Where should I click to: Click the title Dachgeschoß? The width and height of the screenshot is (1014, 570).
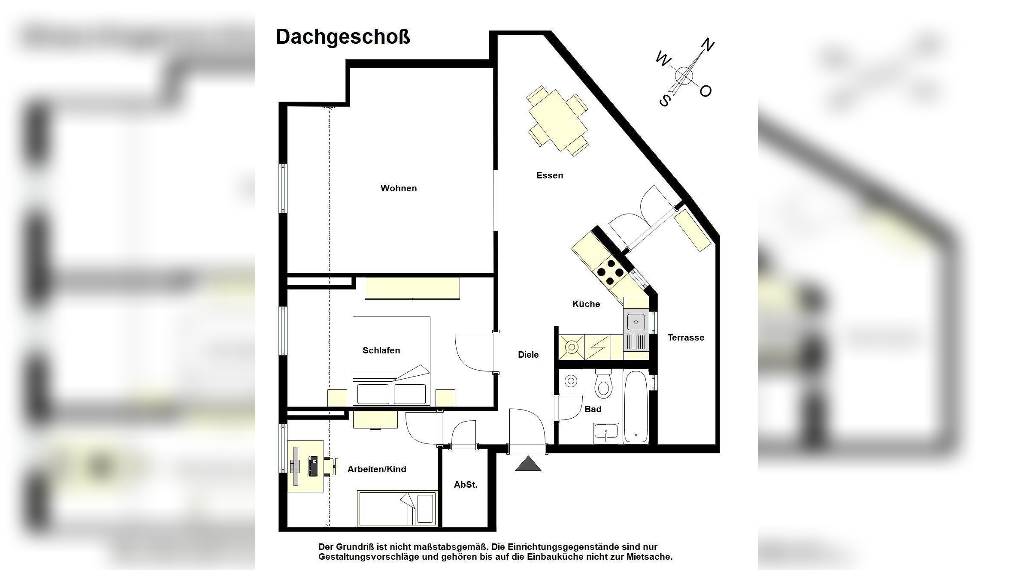click(342, 37)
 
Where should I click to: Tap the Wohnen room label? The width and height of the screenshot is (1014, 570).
click(398, 188)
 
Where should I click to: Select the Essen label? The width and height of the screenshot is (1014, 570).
click(549, 175)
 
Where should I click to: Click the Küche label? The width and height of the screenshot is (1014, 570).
click(586, 304)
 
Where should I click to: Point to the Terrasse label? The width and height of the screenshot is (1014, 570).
click(685, 338)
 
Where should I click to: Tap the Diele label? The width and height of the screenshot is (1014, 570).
click(528, 355)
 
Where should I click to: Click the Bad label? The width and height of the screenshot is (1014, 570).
click(593, 409)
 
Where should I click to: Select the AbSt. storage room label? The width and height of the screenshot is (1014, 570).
click(465, 485)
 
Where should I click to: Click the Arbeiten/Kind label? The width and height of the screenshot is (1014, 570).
click(376, 469)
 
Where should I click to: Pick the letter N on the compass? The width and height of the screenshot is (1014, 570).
click(707, 45)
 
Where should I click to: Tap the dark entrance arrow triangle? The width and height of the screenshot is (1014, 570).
click(528, 464)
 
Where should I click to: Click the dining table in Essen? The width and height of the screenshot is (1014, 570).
click(557, 120)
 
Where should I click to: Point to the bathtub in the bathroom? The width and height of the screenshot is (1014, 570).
click(636, 407)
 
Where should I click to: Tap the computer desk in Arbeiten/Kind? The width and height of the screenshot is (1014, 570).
click(305, 466)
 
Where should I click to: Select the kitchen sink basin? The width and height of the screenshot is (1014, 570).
click(636, 322)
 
